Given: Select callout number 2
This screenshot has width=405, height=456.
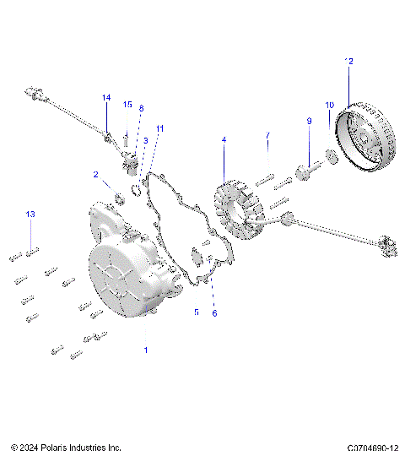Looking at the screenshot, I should [96, 174].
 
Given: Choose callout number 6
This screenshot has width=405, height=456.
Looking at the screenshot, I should [214, 312].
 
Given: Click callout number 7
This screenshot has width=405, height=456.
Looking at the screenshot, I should [267, 136].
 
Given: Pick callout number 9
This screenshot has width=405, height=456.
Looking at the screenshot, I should [309, 122].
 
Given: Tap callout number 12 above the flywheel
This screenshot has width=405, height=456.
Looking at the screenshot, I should [349, 61].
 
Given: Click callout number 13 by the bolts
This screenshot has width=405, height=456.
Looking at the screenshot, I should [30, 214].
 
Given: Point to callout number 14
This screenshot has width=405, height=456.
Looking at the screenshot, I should [106, 99].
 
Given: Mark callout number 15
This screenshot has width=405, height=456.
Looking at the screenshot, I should [127, 105].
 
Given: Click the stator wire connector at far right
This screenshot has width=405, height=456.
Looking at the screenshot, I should [387, 244].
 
